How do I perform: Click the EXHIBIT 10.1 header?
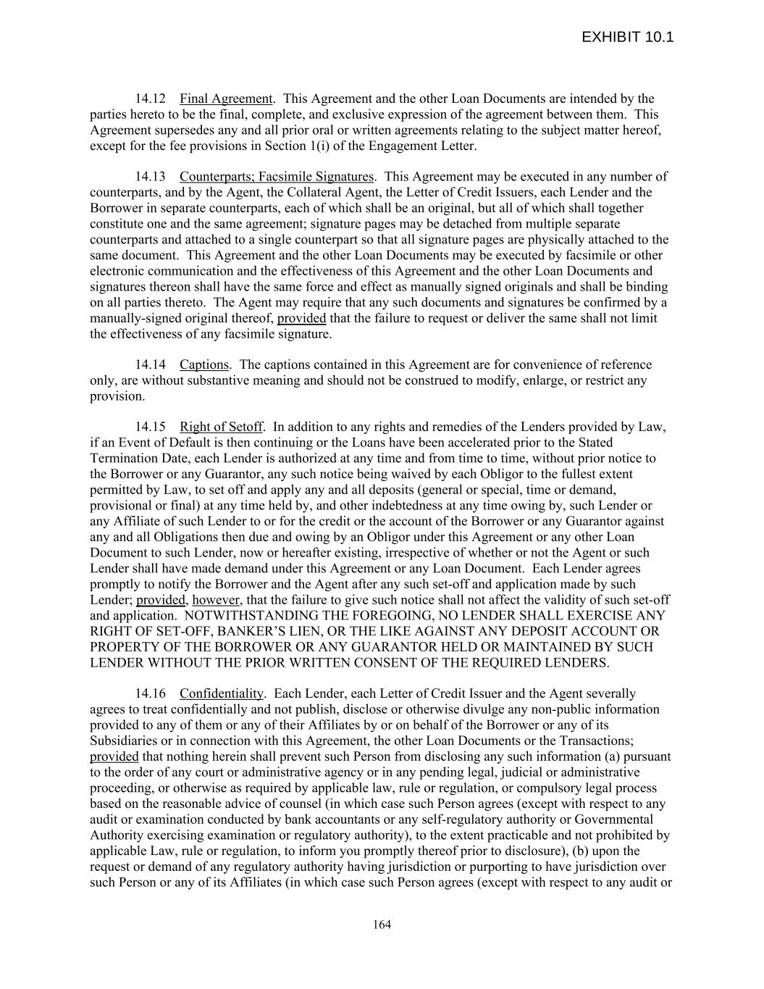[x=627, y=38]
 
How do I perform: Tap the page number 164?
[x=382, y=925]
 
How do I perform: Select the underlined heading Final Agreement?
[x=226, y=99]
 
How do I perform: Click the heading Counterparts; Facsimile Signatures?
[x=277, y=177]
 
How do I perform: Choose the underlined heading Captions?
[x=204, y=364]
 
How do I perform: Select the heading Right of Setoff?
[x=222, y=427]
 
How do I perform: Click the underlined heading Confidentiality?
[x=222, y=693]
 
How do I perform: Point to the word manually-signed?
[x=133, y=318]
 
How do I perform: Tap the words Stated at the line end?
[x=595, y=443]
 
